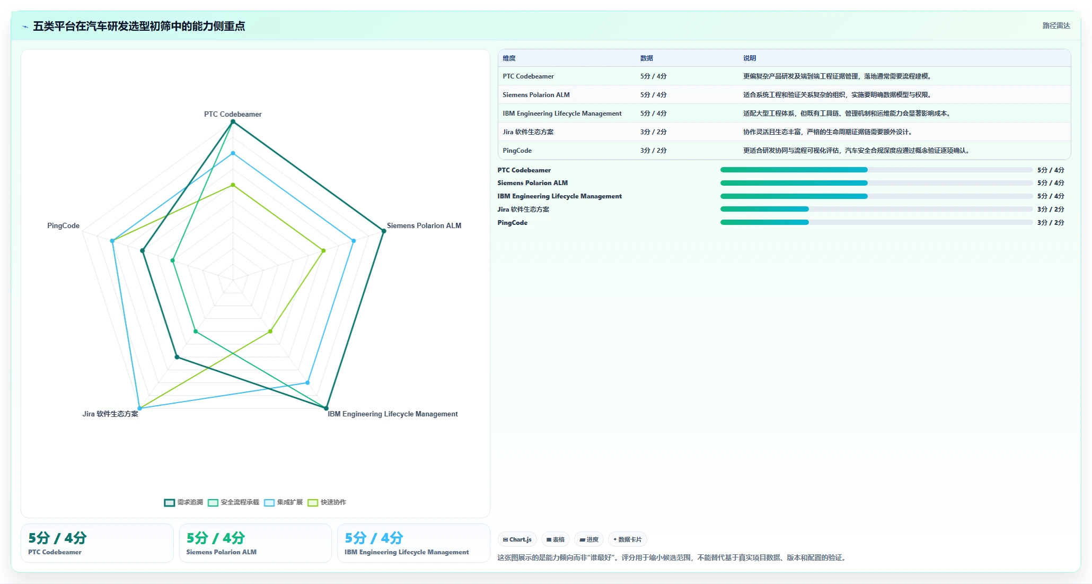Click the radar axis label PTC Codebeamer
pos(233,114)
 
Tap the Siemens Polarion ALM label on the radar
pos(424,225)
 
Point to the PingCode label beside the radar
pos(63,225)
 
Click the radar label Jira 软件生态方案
pos(110,414)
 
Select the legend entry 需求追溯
pos(183,502)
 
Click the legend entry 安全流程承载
pos(234,502)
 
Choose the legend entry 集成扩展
pos(283,502)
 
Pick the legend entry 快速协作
pos(327,502)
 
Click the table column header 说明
pos(750,58)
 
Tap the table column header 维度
pos(509,58)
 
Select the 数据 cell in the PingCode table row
pos(654,151)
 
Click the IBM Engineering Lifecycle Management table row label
pos(562,114)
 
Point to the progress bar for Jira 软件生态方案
pos(876,209)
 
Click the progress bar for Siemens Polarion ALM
pos(876,183)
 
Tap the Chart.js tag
pos(517,539)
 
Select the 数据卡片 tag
pos(628,539)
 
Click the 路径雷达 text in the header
pos(1056,25)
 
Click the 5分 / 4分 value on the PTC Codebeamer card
pos(57,538)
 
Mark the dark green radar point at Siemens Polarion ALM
pos(384,231)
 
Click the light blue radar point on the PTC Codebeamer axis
pos(233,153)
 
